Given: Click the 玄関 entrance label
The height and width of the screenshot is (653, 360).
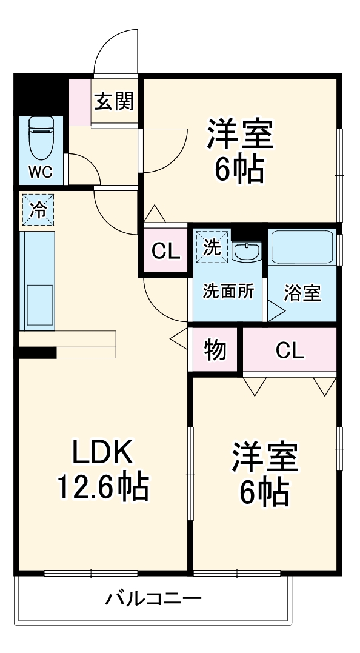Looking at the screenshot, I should (x=113, y=101).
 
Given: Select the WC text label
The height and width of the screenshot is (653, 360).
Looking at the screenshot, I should (x=41, y=172).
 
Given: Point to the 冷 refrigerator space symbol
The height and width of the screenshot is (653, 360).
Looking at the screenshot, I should (x=38, y=210).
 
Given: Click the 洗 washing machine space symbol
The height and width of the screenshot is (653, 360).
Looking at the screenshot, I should (x=212, y=247).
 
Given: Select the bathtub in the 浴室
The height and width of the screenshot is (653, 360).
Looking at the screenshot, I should (x=302, y=247).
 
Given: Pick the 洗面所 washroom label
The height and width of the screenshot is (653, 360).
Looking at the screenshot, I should (x=228, y=292).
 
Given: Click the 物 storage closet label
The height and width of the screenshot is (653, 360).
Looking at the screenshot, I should (x=215, y=350).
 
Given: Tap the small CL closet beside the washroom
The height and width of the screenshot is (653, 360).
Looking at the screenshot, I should (x=166, y=251).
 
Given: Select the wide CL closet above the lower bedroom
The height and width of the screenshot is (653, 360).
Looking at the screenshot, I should (x=290, y=350).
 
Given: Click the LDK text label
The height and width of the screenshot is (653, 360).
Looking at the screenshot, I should (x=102, y=452).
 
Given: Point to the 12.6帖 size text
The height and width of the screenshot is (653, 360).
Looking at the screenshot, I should (x=102, y=485).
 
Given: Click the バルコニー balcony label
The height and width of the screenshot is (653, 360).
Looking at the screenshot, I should (x=153, y=600).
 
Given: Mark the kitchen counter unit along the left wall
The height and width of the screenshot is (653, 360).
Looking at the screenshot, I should (x=38, y=280).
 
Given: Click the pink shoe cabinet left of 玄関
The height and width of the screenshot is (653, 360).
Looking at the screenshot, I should (x=79, y=101).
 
